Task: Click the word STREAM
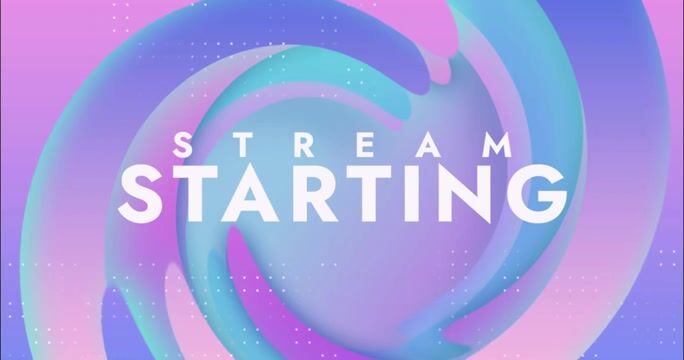[342, 145]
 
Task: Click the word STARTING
[343, 194]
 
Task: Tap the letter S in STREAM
[183, 145]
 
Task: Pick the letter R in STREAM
[304, 145]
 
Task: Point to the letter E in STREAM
[366, 145]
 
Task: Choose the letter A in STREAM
[428, 145]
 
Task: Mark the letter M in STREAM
[496, 145]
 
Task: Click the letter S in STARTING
[140, 194]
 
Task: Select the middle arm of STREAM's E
[366, 145]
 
